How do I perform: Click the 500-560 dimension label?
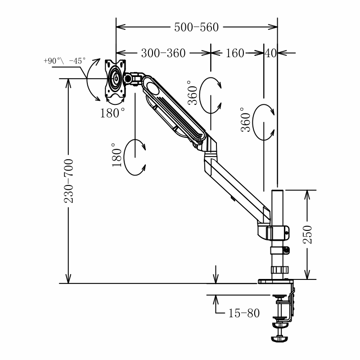pyautogui.click(x=196, y=27)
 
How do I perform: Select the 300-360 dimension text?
pyautogui.click(x=163, y=53)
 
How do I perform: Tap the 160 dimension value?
pyautogui.click(x=235, y=53)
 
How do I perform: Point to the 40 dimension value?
pyautogui.click(x=270, y=53)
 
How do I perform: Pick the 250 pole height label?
pyautogui.click(x=307, y=234)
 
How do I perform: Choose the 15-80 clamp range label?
pyautogui.click(x=243, y=313)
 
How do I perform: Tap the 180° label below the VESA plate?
pyautogui.click(x=112, y=113)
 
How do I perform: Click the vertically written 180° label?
pyautogui.click(x=117, y=155)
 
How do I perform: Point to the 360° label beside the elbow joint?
pyautogui.click(x=193, y=93)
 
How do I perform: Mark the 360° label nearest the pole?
pyautogui.click(x=245, y=119)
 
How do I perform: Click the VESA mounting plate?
pyautogui.click(x=115, y=78)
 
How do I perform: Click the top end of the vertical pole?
pyautogui.click(x=277, y=192)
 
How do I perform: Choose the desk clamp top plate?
pyautogui.click(x=275, y=282)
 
